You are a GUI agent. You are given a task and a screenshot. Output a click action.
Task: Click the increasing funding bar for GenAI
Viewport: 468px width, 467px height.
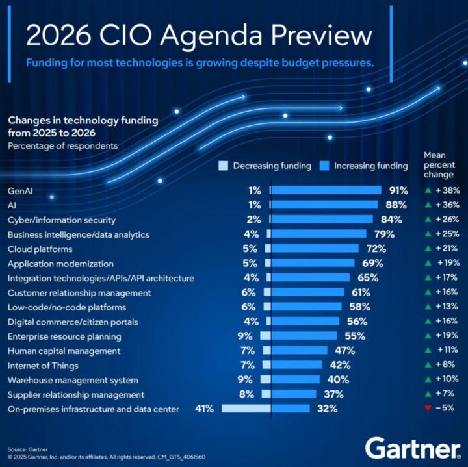[x=326, y=190]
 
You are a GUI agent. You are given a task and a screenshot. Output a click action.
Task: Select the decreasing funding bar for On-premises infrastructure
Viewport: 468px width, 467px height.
[x=246, y=409]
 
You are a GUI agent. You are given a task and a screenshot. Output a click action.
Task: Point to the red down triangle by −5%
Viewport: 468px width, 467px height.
[x=427, y=409]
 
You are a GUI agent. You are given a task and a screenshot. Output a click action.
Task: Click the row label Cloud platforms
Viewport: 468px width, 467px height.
[x=40, y=249]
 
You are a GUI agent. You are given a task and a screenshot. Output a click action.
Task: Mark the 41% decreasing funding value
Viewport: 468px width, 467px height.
[x=205, y=409]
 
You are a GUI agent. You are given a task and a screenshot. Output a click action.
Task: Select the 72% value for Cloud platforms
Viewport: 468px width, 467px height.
[x=375, y=249]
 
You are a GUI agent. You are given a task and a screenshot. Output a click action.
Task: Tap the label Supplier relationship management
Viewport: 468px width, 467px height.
[x=75, y=394]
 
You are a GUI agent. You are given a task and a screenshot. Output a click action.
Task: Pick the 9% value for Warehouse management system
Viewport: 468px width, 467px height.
[x=245, y=379]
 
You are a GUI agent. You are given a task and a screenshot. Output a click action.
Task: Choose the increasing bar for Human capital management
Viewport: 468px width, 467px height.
[x=299, y=351]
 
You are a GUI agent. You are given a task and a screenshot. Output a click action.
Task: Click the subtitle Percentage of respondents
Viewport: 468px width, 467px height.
[x=62, y=145]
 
